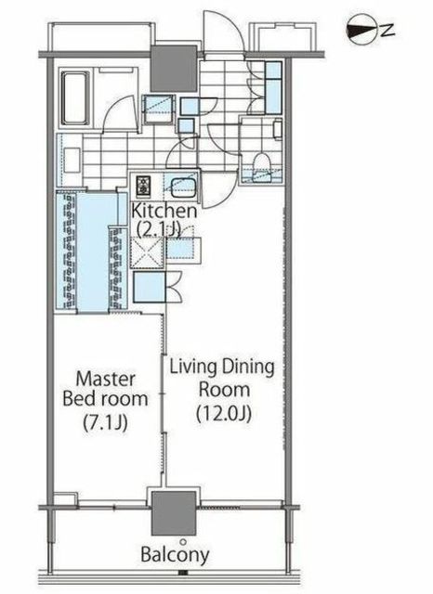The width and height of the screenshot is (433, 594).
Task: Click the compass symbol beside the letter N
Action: (361, 32)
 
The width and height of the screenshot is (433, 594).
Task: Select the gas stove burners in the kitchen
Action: (144, 186)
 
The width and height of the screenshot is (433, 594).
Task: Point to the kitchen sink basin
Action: (183, 187)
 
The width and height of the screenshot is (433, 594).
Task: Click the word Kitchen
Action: (164, 211)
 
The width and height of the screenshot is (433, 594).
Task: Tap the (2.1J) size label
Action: (159, 228)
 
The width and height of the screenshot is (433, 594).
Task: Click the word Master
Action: (105, 379)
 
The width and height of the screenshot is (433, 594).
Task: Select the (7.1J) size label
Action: (105, 421)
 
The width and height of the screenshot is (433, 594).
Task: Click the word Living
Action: (193, 368)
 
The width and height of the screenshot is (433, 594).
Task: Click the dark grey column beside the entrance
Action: (174, 69)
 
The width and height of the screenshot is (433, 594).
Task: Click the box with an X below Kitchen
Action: (148, 253)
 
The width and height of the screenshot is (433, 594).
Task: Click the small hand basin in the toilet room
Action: (278, 129)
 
